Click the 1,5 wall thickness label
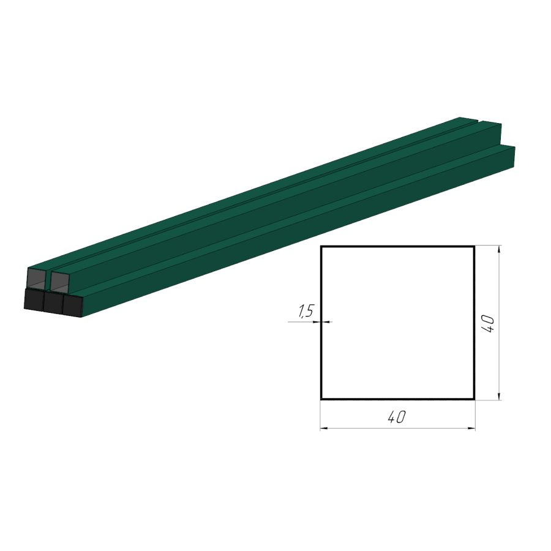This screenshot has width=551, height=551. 305,312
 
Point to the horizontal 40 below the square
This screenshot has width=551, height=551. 397,417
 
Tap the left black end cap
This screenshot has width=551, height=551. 34,299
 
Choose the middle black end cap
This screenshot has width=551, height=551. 53,302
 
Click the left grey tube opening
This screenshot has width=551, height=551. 37,278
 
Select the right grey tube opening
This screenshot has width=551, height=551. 60,281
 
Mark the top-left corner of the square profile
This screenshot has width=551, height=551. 321,247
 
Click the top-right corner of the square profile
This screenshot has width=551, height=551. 474,247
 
